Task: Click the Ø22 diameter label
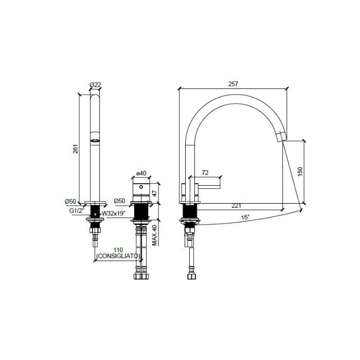[94, 84]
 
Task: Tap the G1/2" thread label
[77, 210]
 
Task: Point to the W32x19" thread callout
[114, 213]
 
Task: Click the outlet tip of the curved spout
[281, 136]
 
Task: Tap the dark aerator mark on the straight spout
[95, 140]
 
